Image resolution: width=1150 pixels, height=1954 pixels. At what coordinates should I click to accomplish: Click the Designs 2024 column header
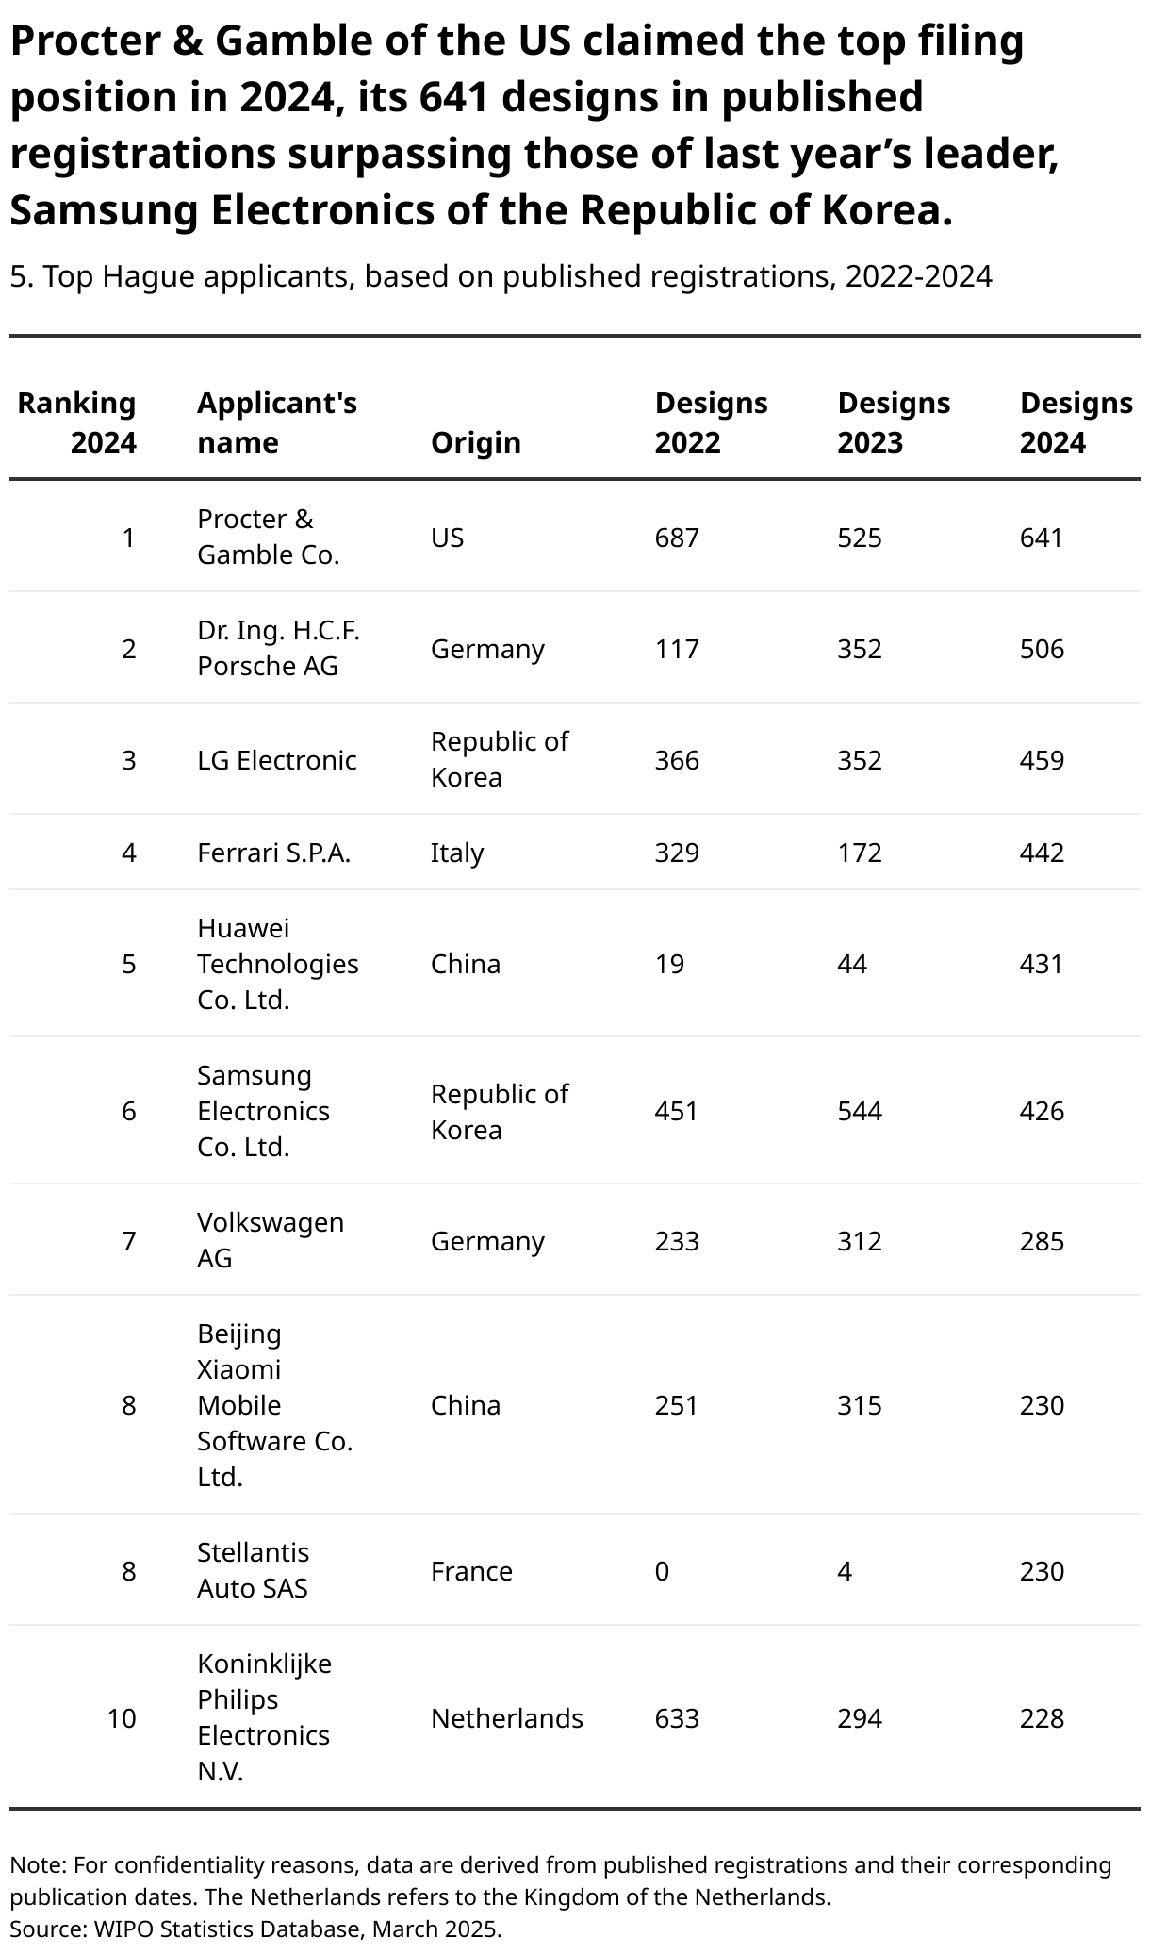tap(1076, 422)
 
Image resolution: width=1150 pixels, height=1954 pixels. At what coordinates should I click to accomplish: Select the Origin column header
tap(475, 442)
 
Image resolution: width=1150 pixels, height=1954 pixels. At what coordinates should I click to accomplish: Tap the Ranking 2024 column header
tap(77, 422)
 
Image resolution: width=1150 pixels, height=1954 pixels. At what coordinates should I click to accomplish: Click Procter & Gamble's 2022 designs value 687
tap(677, 538)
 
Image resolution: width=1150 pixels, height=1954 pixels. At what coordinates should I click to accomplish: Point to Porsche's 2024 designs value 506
tap(1042, 649)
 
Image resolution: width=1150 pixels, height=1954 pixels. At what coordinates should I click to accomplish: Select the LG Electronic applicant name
tap(276, 760)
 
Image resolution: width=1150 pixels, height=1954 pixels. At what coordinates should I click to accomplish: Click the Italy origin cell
tap(457, 853)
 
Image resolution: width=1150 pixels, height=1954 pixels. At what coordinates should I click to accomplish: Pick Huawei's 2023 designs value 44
tap(852, 964)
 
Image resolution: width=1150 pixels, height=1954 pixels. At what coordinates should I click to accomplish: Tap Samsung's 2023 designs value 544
tap(860, 1111)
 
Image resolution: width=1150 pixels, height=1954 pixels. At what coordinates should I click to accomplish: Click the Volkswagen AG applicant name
tap(270, 1240)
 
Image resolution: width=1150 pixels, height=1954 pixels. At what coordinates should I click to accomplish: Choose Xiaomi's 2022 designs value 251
tap(677, 1405)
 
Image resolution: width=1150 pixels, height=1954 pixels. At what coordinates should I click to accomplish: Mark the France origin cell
tap(471, 1571)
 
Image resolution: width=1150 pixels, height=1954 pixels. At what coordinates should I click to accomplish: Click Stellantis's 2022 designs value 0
tap(662, 1571)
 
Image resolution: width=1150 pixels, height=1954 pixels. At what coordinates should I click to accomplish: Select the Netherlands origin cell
tap(507, 1718)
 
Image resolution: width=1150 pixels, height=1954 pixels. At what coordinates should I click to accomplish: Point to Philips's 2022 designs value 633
tap(677, 1718)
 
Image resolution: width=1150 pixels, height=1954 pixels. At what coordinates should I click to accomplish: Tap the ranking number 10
tap(122, 1718)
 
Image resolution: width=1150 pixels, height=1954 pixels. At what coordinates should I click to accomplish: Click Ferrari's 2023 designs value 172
tap(860, 853)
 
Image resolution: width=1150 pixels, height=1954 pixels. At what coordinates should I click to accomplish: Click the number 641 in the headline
tap(452, 97)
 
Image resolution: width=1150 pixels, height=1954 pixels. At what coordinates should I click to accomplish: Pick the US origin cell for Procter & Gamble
tap(447, 538)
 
